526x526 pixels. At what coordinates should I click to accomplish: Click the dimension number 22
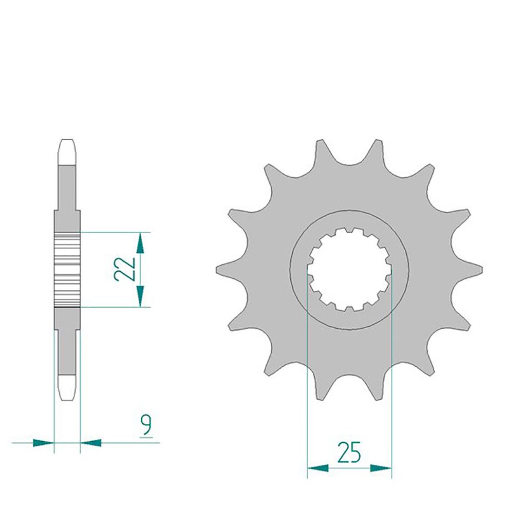tap(124, 269)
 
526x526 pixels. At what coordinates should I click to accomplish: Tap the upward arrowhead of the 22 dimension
tap(140, 243)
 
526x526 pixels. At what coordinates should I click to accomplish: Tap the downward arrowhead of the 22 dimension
tap(140, 296)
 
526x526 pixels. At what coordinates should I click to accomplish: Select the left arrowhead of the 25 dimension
tap(318, 468)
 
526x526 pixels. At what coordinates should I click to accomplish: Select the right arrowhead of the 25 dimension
tap(381, 468)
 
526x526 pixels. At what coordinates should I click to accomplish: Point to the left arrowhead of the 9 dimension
tap(43, 443)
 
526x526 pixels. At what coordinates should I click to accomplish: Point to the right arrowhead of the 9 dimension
tap(91, 443)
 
